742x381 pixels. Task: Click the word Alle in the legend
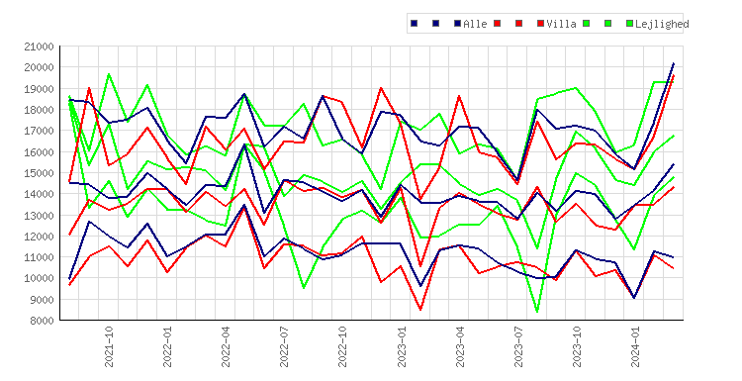coord(475,24)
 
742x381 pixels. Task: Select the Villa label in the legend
coord(561,24)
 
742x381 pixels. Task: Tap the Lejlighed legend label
coord(662,24)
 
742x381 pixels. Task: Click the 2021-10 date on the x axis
coord(109,346)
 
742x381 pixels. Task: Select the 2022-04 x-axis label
coord(226,346)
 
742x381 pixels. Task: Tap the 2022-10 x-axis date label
coord(342,346)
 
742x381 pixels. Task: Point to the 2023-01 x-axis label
coord(402,346)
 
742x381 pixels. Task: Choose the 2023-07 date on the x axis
coord(518,346)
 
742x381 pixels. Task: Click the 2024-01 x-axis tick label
coord(635,346)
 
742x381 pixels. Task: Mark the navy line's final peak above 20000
coord(674,63)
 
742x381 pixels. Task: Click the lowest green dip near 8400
coord(537,312)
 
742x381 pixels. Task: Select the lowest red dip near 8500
coord(420,310)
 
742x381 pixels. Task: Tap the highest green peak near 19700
coord(109,74)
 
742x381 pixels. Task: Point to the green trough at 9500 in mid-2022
coord(304,288)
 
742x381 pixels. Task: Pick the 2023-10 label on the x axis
coord(577,346)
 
